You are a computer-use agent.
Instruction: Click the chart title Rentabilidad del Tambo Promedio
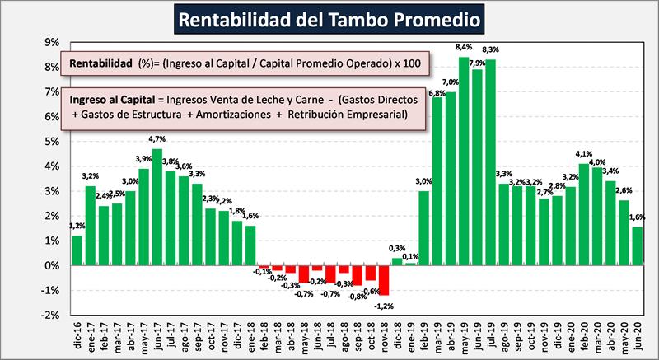tap(329, 18)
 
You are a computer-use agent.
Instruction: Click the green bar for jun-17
tap(157, 207)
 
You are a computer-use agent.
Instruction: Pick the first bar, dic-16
tap(77, 250)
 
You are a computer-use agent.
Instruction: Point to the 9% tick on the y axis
tap(51, 43)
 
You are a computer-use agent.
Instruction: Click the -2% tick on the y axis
tap(49, 316)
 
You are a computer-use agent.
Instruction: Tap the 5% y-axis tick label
tap(51, 142)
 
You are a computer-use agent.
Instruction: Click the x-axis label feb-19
tap(423, 339)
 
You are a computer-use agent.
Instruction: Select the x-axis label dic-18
tap(396, 339)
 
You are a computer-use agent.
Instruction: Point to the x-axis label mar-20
tap(596, 339)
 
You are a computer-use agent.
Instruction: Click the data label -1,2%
tap(383, 306)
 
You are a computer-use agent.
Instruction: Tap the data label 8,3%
tap(490, 50)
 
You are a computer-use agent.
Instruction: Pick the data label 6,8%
tap(437, 93)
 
